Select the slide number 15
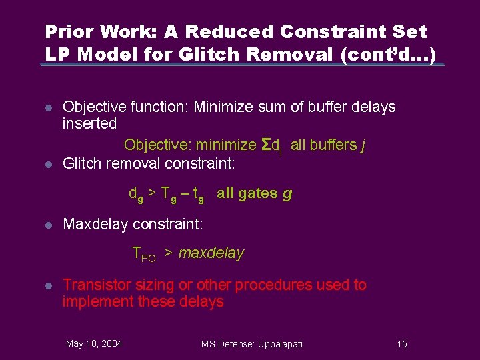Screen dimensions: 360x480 tap(401, 344)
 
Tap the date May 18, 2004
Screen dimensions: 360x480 tap(94, 343)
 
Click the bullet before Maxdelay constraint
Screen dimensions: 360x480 tap(48, 225)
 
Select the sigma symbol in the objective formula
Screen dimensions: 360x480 tap(265, 145)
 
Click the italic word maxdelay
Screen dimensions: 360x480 tap(211, 253)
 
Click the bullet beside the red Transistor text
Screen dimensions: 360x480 tap(48, 285)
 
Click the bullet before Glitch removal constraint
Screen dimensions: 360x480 tap(48, 163)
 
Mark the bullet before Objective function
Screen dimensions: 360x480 tap(48, 107)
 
